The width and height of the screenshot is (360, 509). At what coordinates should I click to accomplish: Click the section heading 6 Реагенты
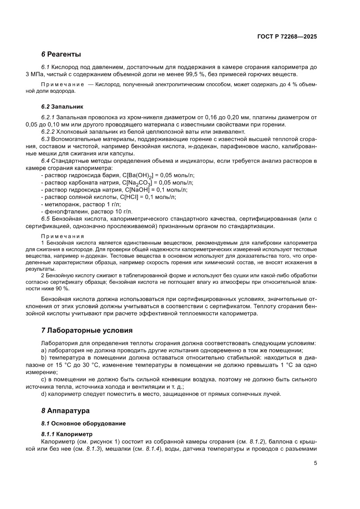[61, 54]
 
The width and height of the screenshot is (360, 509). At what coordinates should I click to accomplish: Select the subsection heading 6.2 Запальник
[62, 106]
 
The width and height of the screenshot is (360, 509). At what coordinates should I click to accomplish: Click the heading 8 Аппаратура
[65, 410]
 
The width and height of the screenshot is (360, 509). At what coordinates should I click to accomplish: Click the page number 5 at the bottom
[315, 463]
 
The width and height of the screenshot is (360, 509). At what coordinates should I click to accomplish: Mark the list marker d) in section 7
[44, 394]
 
